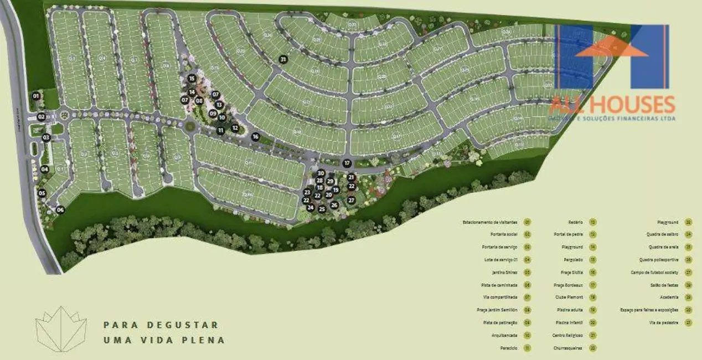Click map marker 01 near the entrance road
click(x=37, y=96)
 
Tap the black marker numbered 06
click(x=60, y=209)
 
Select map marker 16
click(x=255, y=136)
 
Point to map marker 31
click(x=283, y=59)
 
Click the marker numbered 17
click(x=347, y=163)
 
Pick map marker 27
click(x=351, y=200)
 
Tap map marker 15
click(x=192, y=79)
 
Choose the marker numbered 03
click(x=46, y=138)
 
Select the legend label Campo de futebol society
click(x=654, y=272)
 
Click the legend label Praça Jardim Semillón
click(x=497, y=310)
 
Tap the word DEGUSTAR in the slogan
click(x=179, y=325)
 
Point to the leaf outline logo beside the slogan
click(x=61, y=329)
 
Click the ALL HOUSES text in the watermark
click(x=612, y=105)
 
